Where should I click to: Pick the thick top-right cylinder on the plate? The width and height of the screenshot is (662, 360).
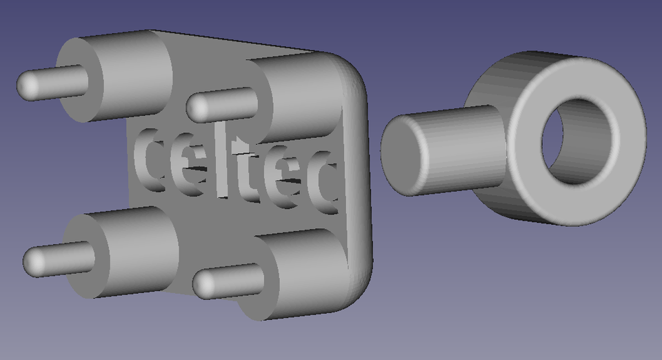(x=303, y=97)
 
